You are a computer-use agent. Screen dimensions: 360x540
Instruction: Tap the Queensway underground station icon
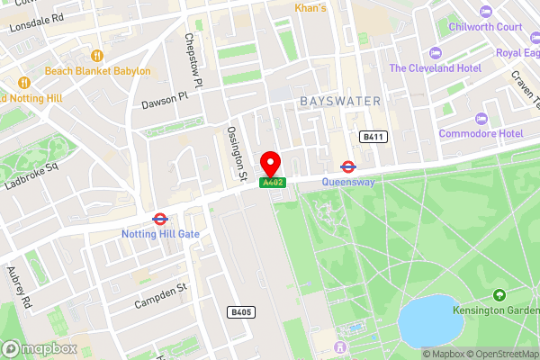(347, 166)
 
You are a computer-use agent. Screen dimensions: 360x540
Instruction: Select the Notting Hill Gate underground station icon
(159, 218)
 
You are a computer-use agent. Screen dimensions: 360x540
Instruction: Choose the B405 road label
(238, 311)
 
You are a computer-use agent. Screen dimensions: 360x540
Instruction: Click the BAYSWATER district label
(341, 100)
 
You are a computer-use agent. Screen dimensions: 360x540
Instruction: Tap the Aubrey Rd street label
(19, 288)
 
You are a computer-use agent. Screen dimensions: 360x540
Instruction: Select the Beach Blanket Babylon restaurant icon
(35, 70)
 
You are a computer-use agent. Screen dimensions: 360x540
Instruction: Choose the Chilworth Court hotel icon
(486, 11)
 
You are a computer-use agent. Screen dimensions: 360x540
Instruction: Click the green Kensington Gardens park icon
(499, 294)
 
